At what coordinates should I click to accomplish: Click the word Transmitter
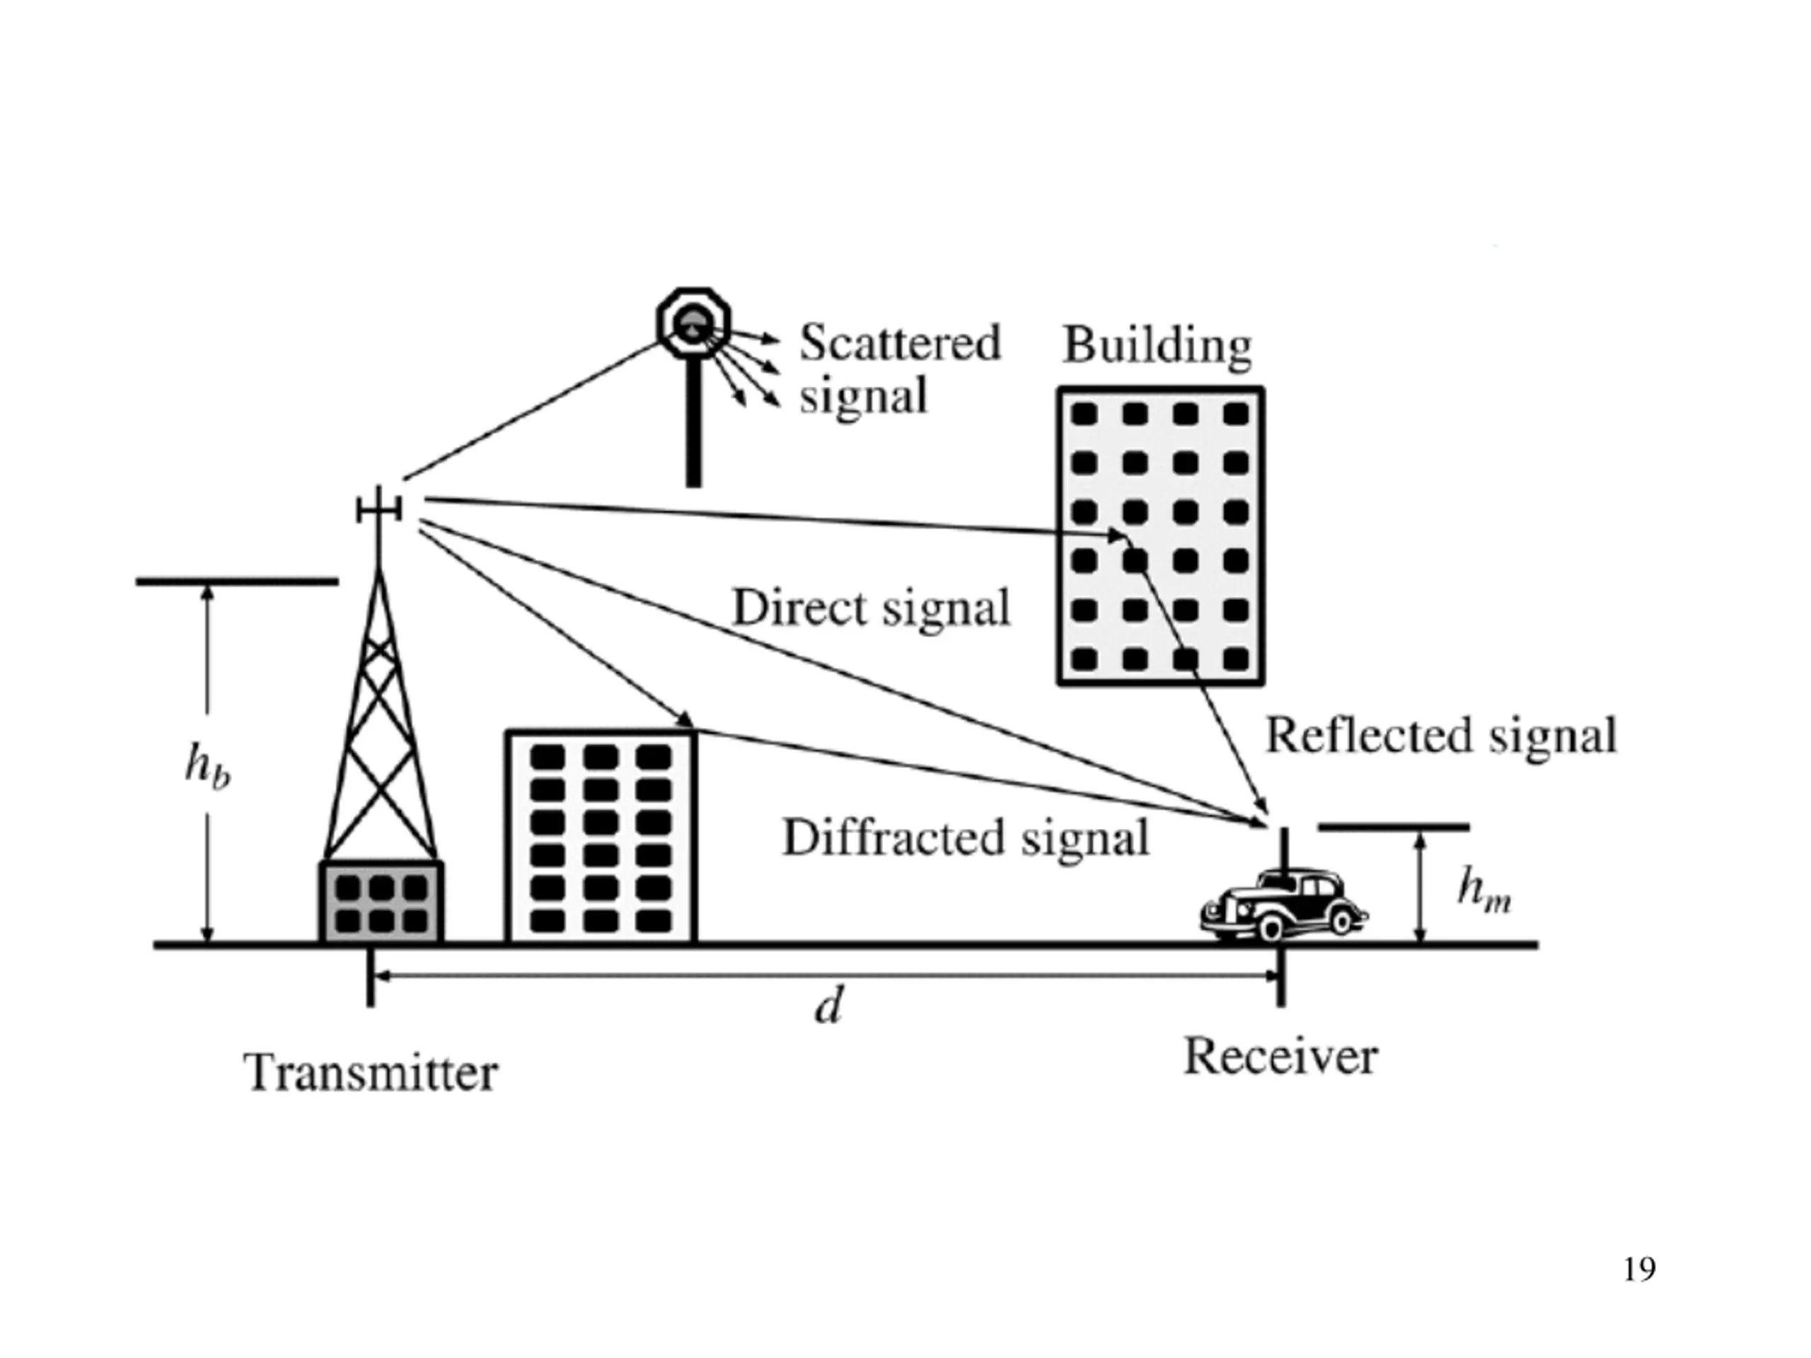(x=371, y=1072)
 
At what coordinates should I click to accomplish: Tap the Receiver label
(x=1281, y=1056)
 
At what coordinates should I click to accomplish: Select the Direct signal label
(x=871, y=608)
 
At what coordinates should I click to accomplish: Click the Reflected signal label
(x=1442, y=735)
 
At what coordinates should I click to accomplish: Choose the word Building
(x=1157, y=345)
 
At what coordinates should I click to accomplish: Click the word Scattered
(x=900, y=342)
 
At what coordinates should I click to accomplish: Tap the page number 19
(x=1639, y=1269)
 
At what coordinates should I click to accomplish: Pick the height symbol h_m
(x=1483, y=890)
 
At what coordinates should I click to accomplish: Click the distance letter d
(x=828, y=1004)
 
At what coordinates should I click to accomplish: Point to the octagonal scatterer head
(x=693, y=323)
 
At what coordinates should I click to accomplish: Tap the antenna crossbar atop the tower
(x=379, y=510)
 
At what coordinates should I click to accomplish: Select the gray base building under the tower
(x=381, y=902)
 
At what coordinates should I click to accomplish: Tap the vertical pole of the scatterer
(x=693, y=422)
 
